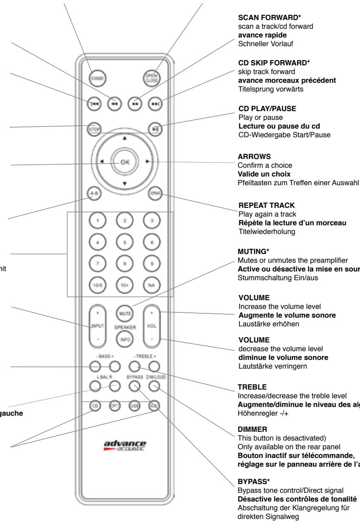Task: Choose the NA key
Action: point(153,285)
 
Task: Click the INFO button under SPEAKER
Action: point(125,339)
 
